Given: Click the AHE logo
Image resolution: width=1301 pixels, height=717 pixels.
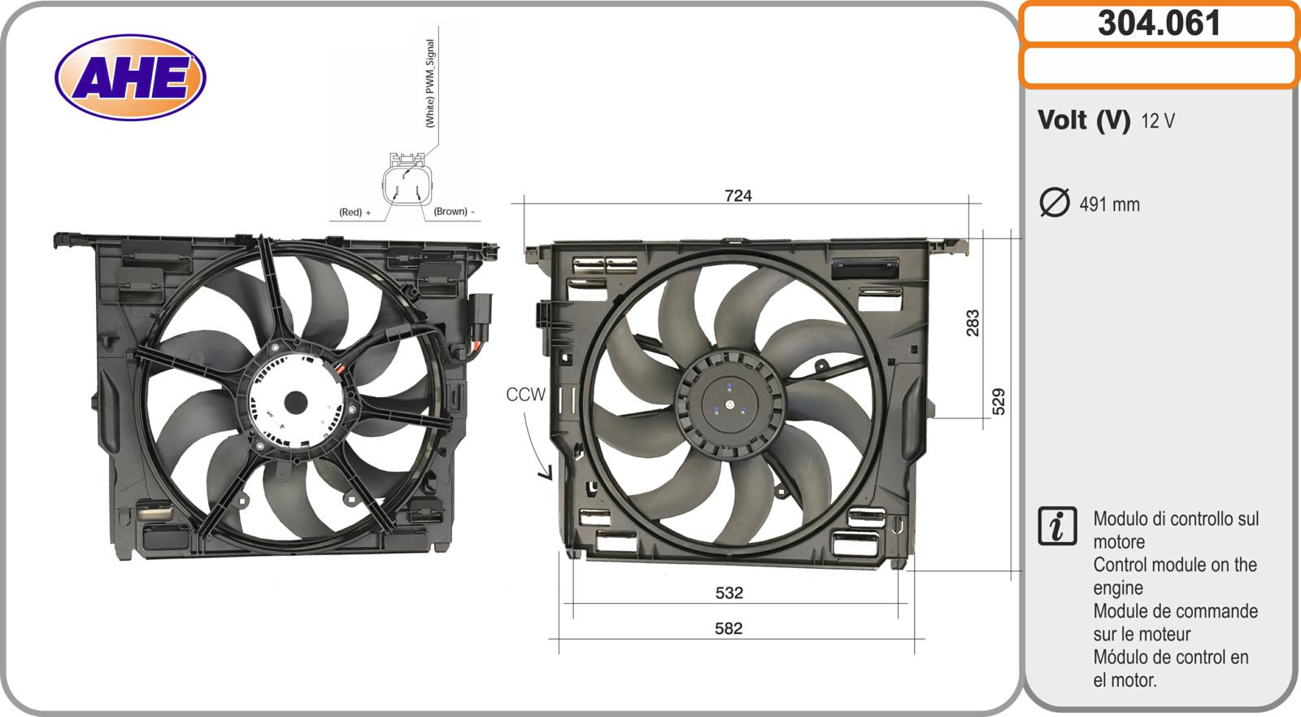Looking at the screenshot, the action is [x=130, y=77].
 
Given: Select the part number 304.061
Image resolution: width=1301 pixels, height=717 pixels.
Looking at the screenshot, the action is [x=1159, y=24].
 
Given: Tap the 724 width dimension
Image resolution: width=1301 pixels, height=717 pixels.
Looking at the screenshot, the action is [x=738, y=195].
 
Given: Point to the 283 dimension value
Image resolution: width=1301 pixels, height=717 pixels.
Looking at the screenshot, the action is [x=972, y=323].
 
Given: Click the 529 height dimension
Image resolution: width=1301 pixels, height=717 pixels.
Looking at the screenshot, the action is [x=998, y=401].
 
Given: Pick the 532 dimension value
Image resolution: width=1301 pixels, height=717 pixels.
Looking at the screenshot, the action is [x=729, y=592].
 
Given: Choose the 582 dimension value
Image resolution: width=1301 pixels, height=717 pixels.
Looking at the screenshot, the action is [x=729, y=628].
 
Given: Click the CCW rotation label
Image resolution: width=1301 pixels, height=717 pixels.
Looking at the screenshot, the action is [x=525, y=394].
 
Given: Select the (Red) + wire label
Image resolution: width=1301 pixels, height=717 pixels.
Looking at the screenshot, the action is [x=355, y=212].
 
